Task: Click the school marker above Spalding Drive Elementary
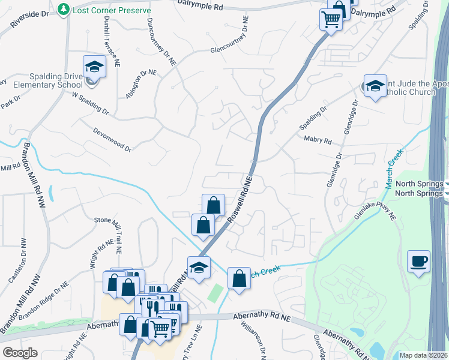[x=94, y=67]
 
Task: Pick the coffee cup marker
[x=419, y=262]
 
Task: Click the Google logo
[x=20, y=353]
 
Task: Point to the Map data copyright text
[x=424, y=355]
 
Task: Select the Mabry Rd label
[x=318, y=140]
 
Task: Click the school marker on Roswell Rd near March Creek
[x=198, y=267]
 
